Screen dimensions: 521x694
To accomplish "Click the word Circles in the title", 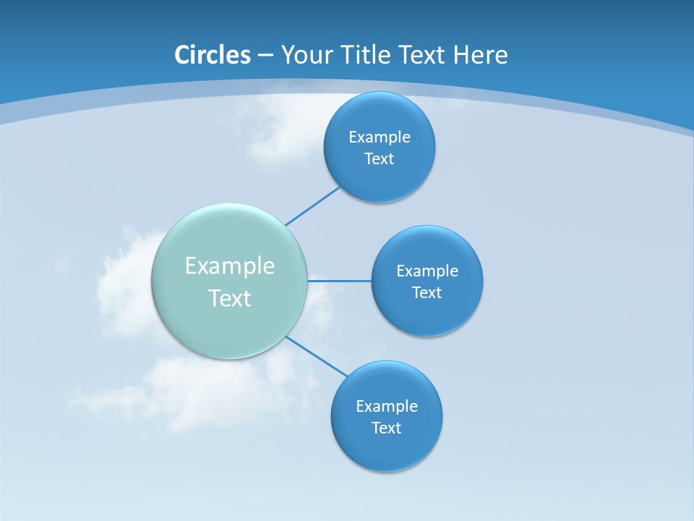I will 212,55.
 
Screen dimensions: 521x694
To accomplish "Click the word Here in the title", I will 480,55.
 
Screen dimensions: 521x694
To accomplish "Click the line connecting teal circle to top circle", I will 312,206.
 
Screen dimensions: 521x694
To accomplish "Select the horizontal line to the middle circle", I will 340,280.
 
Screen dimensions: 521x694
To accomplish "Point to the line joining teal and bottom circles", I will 317,356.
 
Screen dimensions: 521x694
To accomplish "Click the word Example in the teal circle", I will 230,266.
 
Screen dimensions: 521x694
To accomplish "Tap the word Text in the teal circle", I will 230,298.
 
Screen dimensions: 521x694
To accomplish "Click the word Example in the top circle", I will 380,137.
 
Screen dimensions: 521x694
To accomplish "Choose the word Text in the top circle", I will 380,159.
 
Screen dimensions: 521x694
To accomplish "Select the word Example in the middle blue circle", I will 427,271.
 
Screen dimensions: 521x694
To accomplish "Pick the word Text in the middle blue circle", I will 427,293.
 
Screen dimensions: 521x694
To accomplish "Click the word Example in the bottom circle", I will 386,407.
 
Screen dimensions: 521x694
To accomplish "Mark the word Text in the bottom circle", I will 386,428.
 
